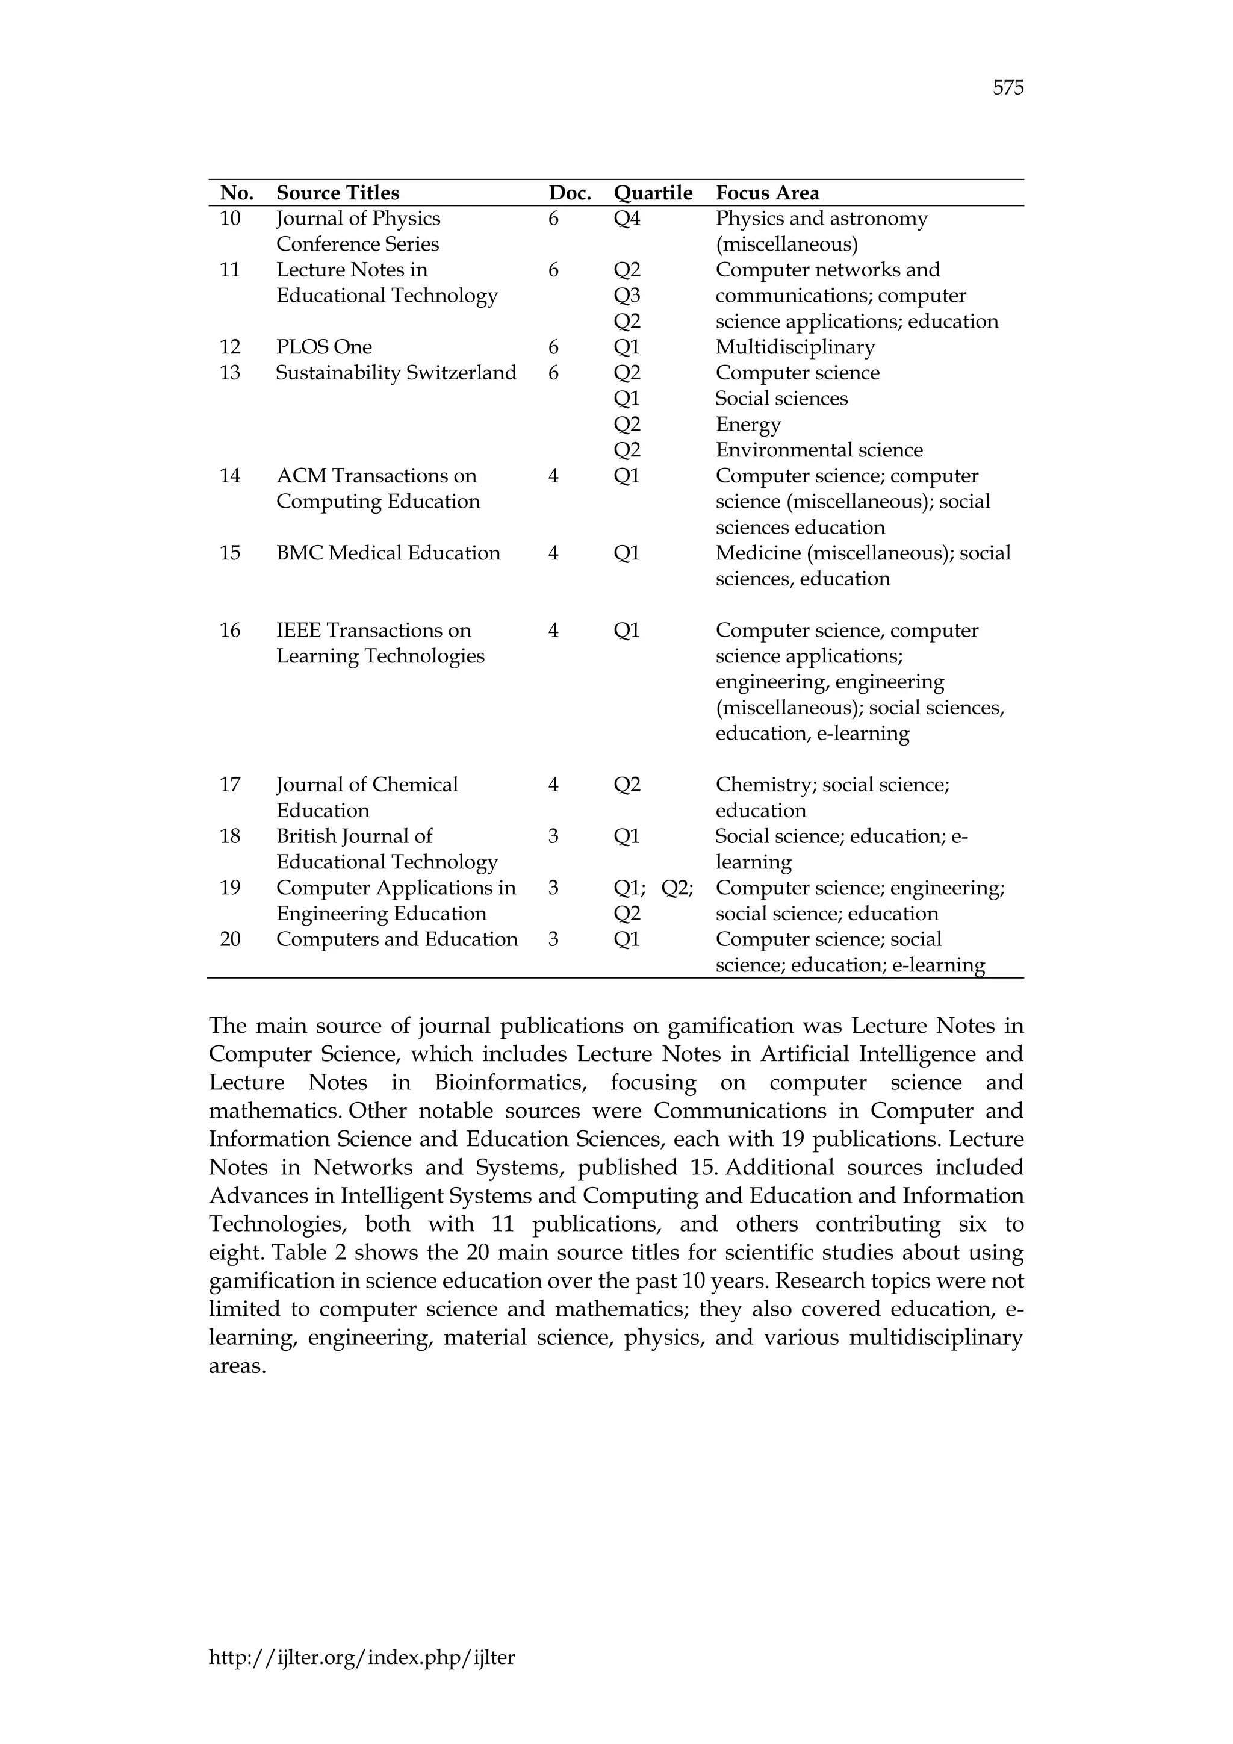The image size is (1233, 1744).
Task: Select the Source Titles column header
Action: pos(337,193)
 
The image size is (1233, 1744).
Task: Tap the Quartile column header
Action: pos(653,193)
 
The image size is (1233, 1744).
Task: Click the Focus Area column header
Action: pos(767,193)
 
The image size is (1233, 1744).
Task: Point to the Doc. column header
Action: pos(570,193)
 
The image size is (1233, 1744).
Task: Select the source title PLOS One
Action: pos(323,347)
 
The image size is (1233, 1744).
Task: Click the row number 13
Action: pos(229,373)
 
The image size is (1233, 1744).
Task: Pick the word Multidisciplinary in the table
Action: pos(795,347)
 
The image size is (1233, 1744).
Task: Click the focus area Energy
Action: pos(748,425)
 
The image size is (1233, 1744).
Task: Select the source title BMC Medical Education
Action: pos(388,553)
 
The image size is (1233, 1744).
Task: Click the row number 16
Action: pos(229,631)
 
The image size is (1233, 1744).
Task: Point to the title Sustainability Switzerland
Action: pos(396,373)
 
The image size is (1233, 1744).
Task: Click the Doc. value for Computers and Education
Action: pos(553,939)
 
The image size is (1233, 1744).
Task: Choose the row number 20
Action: pos(229,939)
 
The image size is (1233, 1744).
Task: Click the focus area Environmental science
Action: pos(818,450)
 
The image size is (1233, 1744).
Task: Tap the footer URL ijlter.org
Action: pos(361,1657)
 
